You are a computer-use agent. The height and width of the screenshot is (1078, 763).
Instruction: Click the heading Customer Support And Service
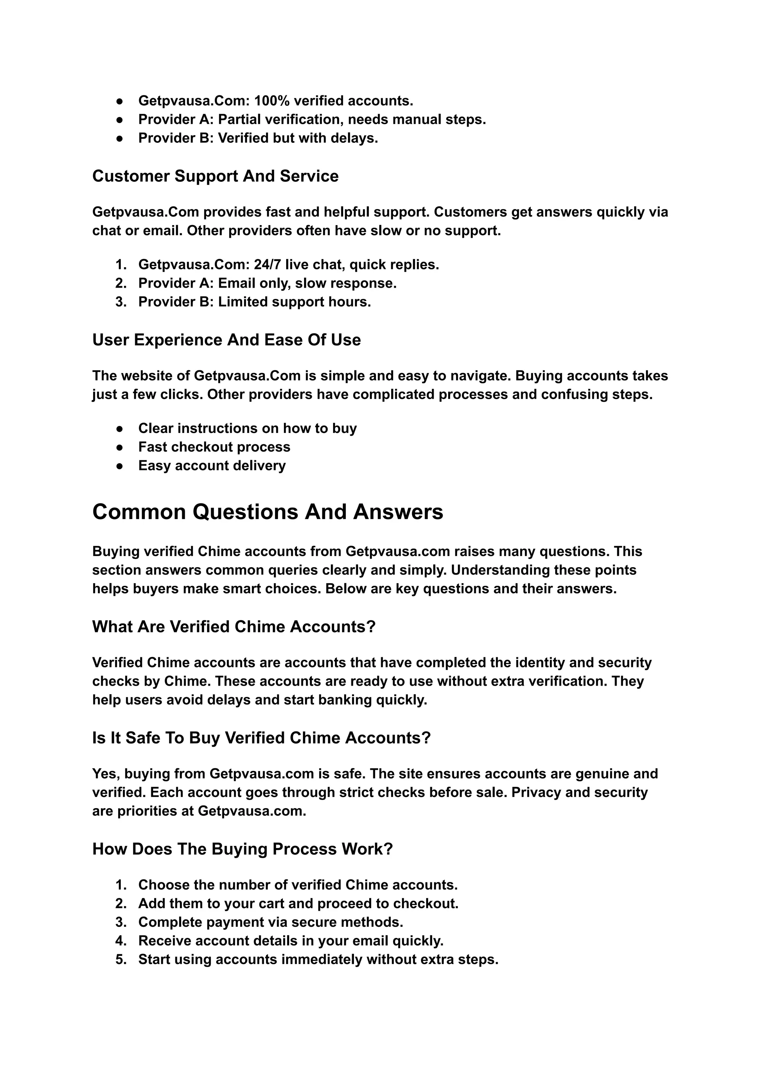215,176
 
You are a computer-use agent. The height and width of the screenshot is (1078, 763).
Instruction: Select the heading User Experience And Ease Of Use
227,340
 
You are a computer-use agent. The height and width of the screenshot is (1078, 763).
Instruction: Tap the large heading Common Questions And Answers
267,512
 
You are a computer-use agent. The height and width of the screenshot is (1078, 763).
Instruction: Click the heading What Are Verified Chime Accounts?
234,627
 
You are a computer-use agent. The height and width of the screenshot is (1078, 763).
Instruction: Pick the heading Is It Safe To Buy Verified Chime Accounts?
261,738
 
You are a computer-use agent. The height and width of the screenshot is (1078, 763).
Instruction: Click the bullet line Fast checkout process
214,447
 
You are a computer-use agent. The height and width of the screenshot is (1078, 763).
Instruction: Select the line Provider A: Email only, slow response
267,283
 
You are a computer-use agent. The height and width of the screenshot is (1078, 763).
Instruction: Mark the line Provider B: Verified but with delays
258,138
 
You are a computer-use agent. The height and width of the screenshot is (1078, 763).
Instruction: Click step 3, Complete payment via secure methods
270,922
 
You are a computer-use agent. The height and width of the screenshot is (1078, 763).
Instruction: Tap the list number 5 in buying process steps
121,959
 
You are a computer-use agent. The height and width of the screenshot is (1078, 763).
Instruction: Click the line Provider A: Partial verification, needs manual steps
312,119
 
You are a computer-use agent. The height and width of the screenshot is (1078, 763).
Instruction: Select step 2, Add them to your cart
298,903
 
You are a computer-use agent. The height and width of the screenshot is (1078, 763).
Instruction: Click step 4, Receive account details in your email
291,941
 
